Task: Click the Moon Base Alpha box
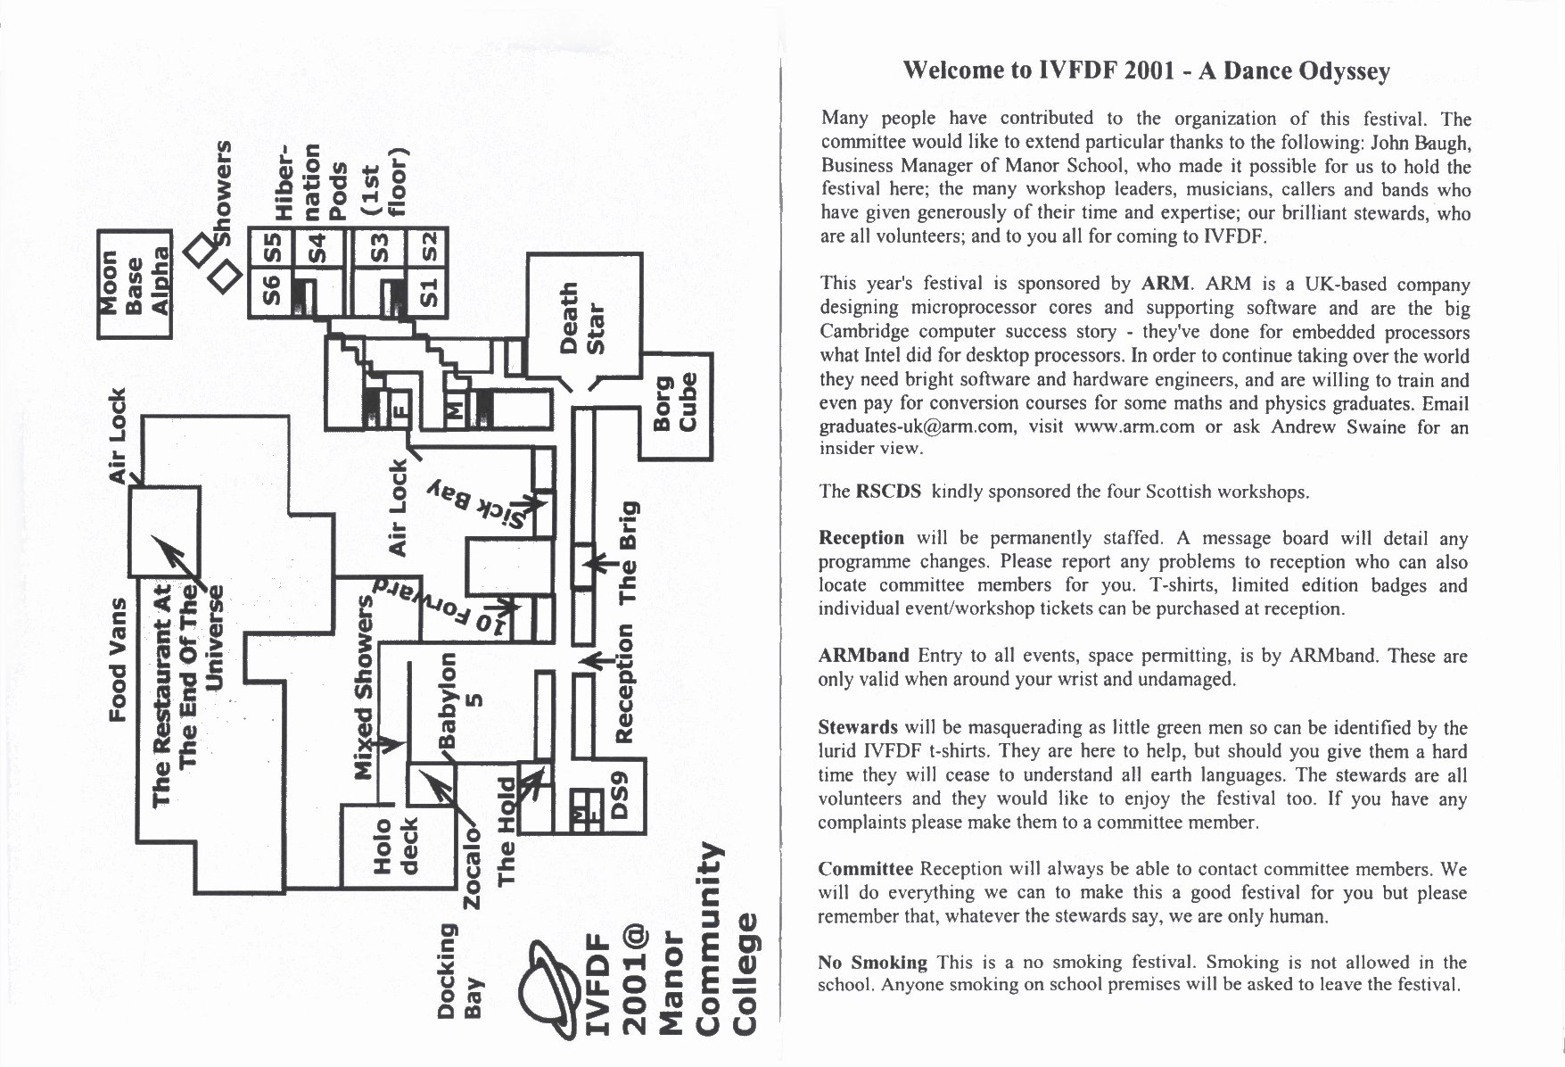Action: (x=134, y=284)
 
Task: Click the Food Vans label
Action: (x=117, y=659)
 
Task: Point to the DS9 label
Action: (x=621, y=797)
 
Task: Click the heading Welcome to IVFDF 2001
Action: (x=1146, y=71)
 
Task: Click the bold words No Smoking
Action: (x=872, y=962)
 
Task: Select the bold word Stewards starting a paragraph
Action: (x=857, y=727)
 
